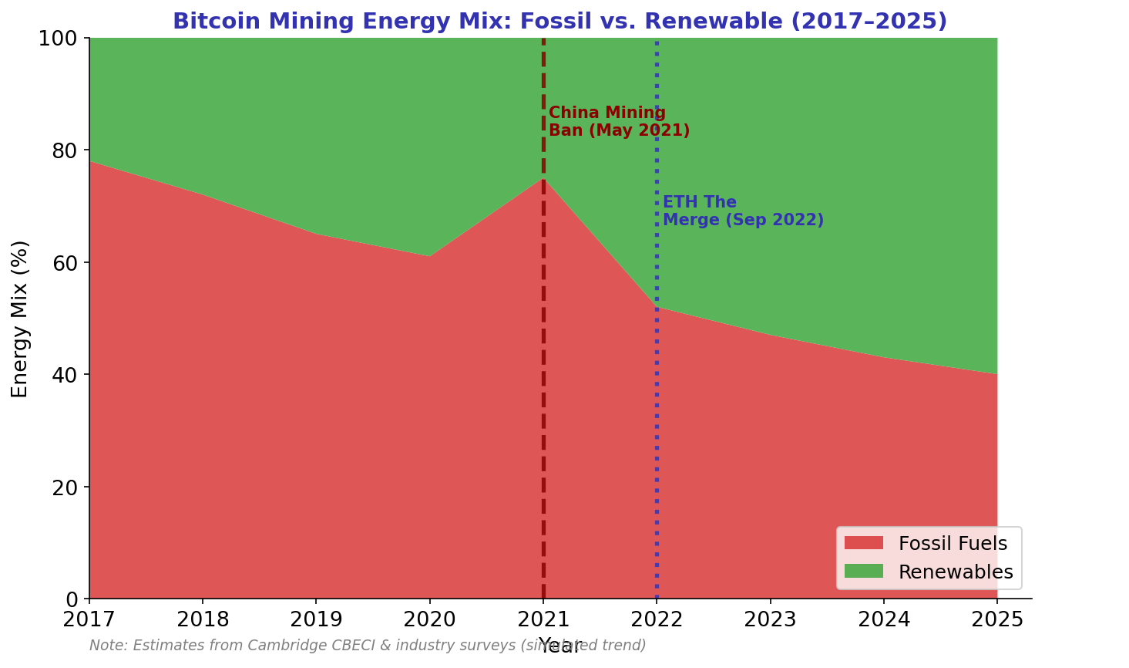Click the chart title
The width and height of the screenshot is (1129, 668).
(x=559, y=21)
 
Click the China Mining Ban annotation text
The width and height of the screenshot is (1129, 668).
(x=619, y=122)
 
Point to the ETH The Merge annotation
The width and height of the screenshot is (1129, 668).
(x=743, y=211)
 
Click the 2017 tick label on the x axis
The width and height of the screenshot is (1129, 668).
(x=89, y=619)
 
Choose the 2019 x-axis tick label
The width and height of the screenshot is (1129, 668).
(x=316, y=619)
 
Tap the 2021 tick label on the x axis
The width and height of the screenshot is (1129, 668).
(x=543, y=619)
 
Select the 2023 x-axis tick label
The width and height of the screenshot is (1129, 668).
(x=770, y=619)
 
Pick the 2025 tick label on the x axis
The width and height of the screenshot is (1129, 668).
(x=997, y=619)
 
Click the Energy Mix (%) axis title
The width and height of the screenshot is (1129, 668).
(x=20, y=319)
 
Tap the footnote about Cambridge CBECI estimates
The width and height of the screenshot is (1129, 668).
(x=368, y=646)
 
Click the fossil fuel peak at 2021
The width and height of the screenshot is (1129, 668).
(x=543, y=178)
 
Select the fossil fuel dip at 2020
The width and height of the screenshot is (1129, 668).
(x=430, y=256)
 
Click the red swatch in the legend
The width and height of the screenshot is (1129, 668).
(x=863, y=543)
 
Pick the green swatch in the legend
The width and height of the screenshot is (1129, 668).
(x=863, y=571)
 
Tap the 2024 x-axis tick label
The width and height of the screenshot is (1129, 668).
(x=884, y=619)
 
